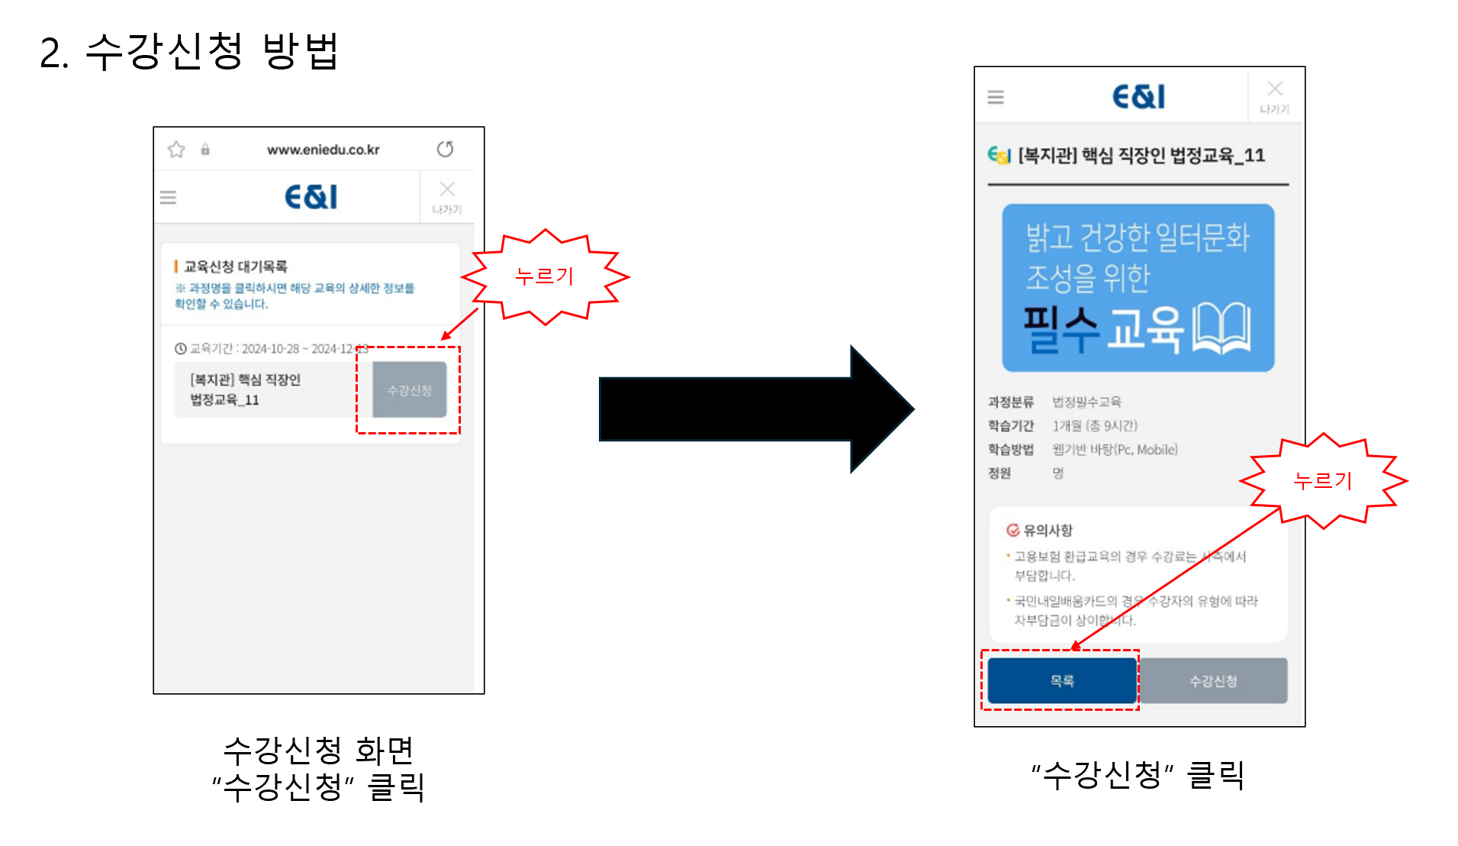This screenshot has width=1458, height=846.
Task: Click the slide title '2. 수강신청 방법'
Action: [189, 52]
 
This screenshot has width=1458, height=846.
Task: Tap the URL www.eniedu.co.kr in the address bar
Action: [323, 150]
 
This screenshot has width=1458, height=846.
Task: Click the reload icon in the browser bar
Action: [445, 149]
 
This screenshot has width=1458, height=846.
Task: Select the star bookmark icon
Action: [176, 150]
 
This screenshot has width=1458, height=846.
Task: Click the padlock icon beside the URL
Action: [205, 150]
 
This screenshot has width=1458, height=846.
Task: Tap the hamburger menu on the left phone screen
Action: [168, 198]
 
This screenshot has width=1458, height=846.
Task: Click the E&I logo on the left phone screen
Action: [311, 197]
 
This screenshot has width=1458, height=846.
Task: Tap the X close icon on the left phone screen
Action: [447, 189]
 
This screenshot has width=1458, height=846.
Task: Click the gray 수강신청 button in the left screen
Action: [409, 390]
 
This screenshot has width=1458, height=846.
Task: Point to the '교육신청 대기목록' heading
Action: [235, 266]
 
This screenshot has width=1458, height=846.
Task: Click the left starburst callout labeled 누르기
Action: [545, 276]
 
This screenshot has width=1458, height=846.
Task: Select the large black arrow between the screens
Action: [755, 408]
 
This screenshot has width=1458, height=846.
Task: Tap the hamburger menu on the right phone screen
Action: [996, 97]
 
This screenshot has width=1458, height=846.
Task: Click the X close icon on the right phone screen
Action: [1275, 89]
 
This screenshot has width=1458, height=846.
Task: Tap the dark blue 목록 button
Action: [1061, 680]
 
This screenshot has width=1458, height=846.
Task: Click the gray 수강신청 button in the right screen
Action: [1212, 680]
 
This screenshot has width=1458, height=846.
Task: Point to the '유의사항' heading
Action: [1048, 530]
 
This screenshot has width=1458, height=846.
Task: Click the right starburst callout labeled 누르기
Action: [1323, 481]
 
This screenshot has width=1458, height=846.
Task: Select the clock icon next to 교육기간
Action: [181, 349]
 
